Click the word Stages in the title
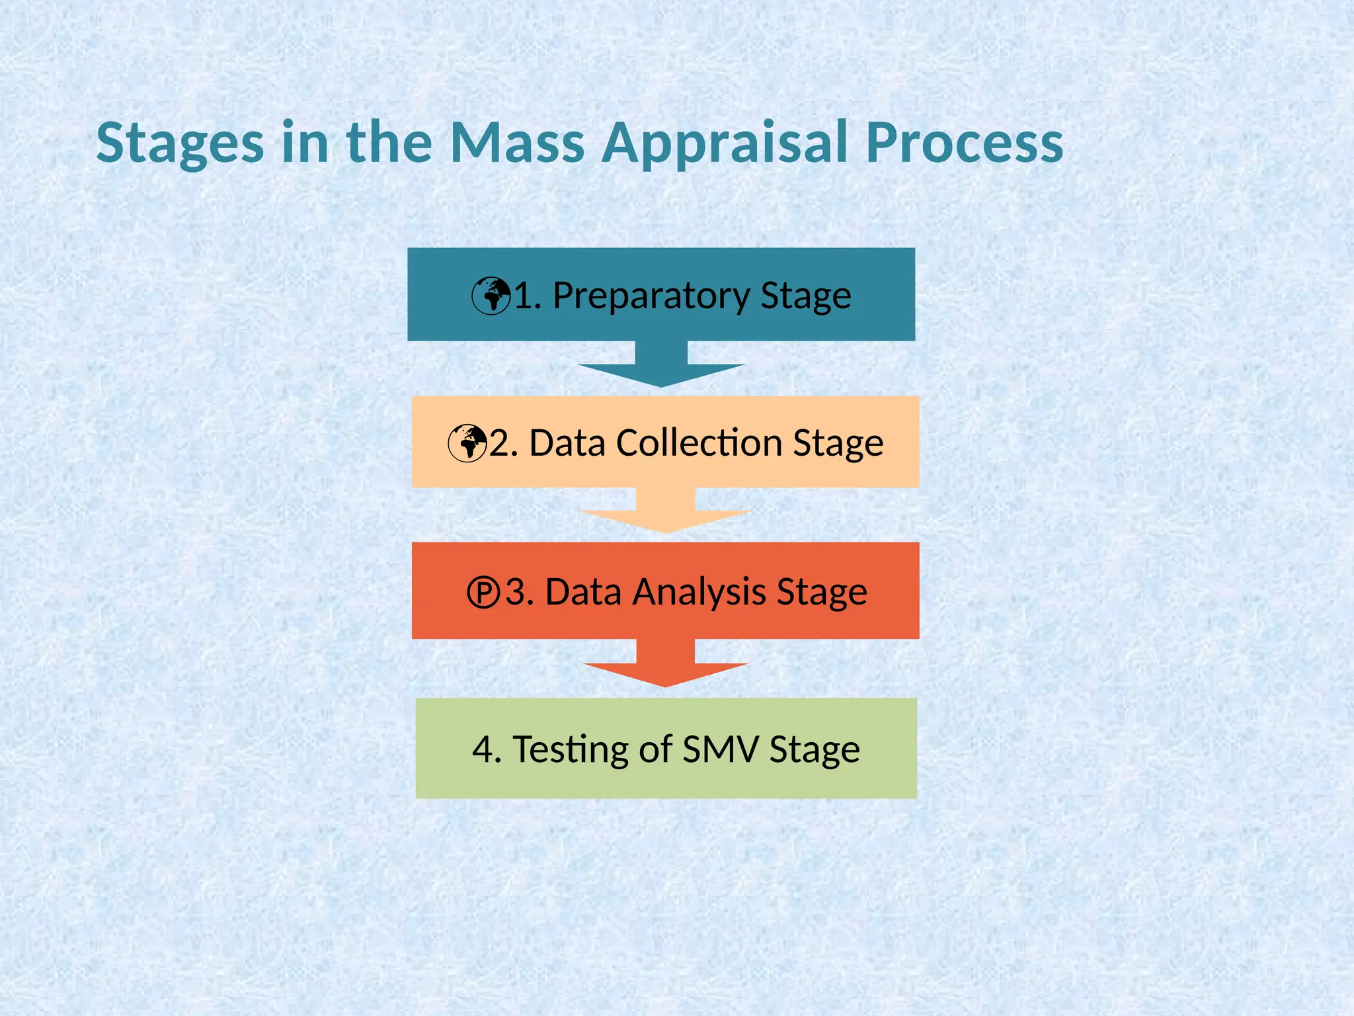(x=180, y=144)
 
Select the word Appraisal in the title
(x=725, y=144)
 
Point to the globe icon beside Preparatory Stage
(x=491, y=296)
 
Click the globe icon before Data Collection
(x=467, y=443)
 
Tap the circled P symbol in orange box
(x=483, y=592)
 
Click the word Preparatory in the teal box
(x=651, y=296)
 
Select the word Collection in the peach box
(x=699, y=443)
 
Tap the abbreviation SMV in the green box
(x=720, y=749)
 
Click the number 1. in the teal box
(x=527, y=296)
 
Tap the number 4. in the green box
(x=487, y=749)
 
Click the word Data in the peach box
(x=567, y=443)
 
